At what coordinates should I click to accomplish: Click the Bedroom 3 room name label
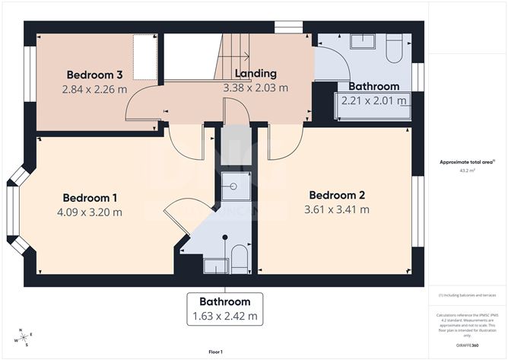[94, 75]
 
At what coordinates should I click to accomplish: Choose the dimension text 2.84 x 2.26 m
[94, 89]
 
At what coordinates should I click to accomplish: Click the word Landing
[256, 74]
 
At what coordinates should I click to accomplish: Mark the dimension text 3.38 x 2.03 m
[256, 88]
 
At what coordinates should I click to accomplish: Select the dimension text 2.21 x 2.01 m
[373, 100]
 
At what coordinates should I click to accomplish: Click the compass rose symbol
[23, 336]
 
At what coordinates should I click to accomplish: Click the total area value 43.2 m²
[468, 170]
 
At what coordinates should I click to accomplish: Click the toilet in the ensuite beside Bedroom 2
[239, 256]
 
